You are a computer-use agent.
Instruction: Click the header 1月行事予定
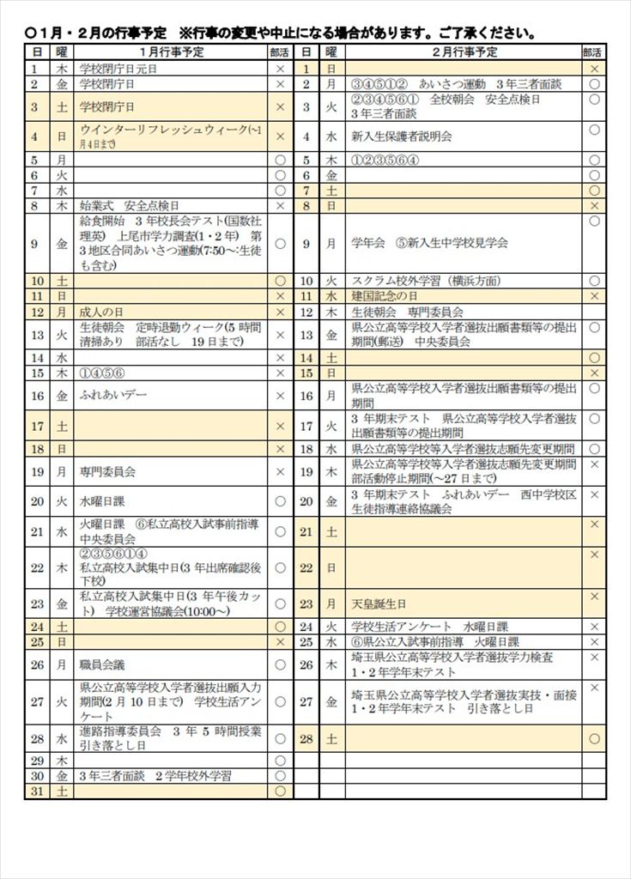pyautogui.click(x=170, y=52)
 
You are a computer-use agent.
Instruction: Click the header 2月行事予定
pyautogui.click(x=463, y=52)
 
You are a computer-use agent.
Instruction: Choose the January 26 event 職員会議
pyautogui.click(x=102, y=664)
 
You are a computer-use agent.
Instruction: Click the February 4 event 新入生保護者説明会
pyautogui.click(x=400, y=136)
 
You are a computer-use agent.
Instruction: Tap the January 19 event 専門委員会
pyautogui.click(x=107, y=471)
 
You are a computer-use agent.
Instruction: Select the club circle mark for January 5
pyautogui.click(x=280, y=160)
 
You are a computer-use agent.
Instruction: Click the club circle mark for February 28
pyautogui.click(x=594, y=738)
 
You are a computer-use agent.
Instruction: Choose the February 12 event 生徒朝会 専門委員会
pyautogui.click(x=407, y=312)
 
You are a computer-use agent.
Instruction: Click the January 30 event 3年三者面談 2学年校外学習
pyautogui.click(x=155, y=776)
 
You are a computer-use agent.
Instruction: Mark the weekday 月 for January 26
pyautogui.click(x=61, y=664)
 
